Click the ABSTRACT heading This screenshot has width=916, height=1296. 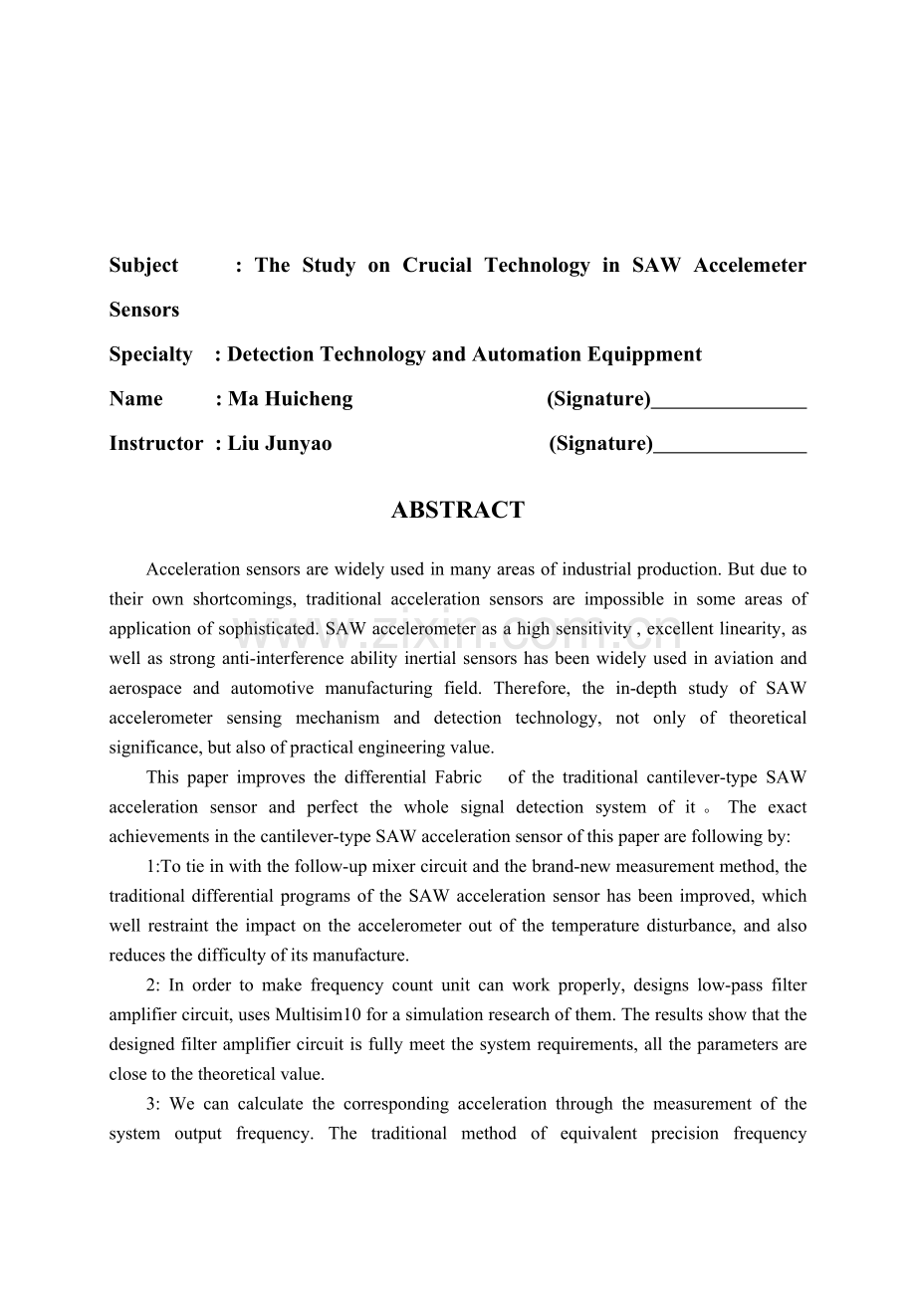(x=457, y=511)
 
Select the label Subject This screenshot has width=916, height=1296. (x=143, y=266)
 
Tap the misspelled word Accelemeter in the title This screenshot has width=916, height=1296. (x=749, y=266)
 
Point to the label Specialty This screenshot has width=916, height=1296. (x=150, y=354)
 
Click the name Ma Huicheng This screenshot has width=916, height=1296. (x=290, y=399)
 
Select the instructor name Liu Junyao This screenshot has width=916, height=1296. (x=280, y=444)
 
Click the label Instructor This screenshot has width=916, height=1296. (x=156, y=444)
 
